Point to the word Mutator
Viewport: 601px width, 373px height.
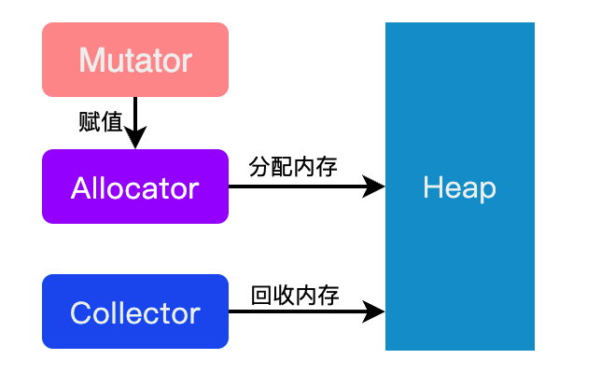tap(135, 61)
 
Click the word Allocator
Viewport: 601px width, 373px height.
tap(135, 187)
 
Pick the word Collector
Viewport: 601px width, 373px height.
tap(135, 312)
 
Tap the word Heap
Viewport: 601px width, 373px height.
tap(459, 187)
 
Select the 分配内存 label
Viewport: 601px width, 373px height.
tap(293, 167)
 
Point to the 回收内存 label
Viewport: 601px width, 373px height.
tap(294, 296)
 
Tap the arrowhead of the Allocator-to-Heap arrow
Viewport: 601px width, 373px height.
tap(375, 187)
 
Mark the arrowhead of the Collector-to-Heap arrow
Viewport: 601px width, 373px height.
tap(375, 312)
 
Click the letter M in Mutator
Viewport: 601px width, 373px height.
tap(91, 61)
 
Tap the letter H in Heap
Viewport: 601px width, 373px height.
tap(432, 187)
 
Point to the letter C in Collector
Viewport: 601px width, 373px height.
tap(80, 312)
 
